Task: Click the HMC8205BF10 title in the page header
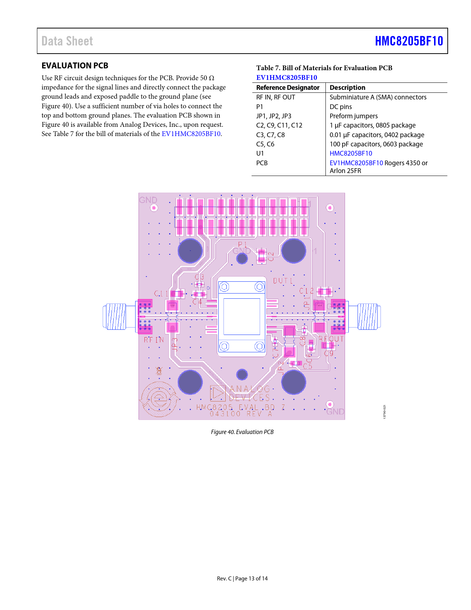coord(409,41)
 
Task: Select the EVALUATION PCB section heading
coord(75,66)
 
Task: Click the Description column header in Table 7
coord(347,88)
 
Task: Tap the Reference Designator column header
coord(288,88)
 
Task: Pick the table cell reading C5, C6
coord(265,144)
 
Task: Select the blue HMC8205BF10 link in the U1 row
coord(351,153)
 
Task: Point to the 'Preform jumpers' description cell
coord(354,116)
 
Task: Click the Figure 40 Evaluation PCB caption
coord(242,432)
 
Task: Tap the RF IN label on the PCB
coord(154,340)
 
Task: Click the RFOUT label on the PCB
coord(331,339)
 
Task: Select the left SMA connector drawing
coord(115,316)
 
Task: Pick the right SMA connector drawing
coord(368,316)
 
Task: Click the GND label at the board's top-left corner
coord(148,200)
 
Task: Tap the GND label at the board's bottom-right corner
coord(335,411)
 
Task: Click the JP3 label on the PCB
coord(175,344)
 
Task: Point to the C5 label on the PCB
coord(307,366)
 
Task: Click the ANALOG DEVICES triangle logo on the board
coord(218,393)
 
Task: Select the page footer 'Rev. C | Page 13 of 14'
coord(242,579)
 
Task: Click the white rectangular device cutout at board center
coord(242,316)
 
